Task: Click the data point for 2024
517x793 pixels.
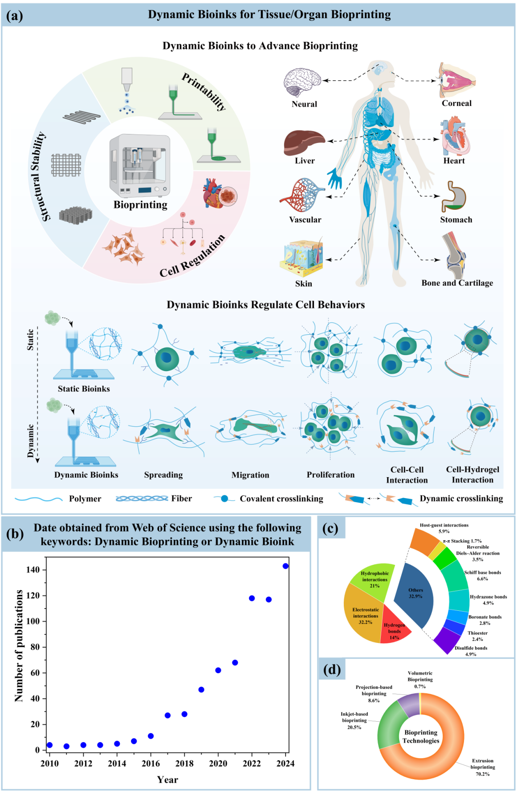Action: click(x=285, y=566)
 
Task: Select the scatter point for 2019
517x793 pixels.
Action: click(x=201, y=690)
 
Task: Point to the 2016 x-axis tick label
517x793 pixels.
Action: click(x=151, y=764)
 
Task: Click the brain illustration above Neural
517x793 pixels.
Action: click(x=302, y=82)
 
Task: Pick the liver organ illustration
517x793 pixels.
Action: click(x=304, y=142)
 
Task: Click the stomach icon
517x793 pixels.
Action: click(x=453, y=196)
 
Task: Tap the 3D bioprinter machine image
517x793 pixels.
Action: click(x=140, y=166)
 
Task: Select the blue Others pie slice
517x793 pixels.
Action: click(x=415, y=595)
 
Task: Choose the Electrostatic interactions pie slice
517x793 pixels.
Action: click(x=364, y=617)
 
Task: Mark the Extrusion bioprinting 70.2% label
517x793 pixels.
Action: click(x=483, y=767)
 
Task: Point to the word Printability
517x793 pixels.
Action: click(x=204, y=91)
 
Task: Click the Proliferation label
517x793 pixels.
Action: click(x=330, y=475)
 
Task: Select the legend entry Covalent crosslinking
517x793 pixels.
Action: click(x=281, y=499)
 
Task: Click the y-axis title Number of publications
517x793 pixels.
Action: click(x=19, y=646)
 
